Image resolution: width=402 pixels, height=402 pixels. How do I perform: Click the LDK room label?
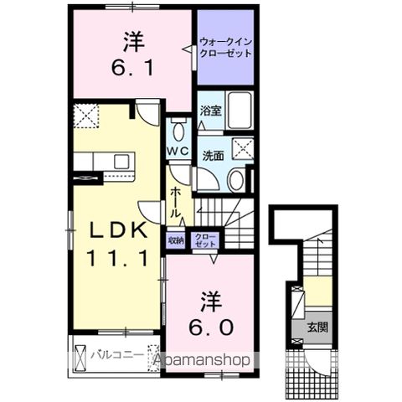118,230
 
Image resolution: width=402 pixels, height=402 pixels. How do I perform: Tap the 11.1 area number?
117,258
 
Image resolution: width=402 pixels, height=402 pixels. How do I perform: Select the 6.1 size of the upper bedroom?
133,68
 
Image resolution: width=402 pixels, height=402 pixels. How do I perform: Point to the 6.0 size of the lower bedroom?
211,327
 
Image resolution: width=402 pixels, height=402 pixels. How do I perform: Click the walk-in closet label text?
226,48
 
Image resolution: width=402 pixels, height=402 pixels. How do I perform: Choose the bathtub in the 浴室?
240,110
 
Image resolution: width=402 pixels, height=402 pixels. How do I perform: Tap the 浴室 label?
211,111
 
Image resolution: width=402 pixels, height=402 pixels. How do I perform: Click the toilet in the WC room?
178,129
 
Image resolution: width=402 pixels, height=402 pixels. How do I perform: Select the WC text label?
178,151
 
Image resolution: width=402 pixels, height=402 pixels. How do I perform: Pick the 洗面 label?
213,156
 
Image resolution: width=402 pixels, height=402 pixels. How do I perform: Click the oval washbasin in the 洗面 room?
236,180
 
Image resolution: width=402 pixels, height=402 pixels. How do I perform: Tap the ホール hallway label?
175,203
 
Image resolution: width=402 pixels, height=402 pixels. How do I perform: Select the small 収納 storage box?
176,240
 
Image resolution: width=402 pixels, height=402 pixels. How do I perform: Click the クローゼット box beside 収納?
205,240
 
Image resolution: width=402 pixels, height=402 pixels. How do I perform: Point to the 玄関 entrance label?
317,327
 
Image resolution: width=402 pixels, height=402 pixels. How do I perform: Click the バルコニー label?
117,355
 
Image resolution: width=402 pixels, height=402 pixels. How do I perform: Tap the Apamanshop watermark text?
202,360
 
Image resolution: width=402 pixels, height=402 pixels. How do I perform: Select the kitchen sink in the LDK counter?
121,162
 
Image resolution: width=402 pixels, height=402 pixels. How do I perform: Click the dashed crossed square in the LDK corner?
86,116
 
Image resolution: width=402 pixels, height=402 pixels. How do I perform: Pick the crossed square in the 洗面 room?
243,149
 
